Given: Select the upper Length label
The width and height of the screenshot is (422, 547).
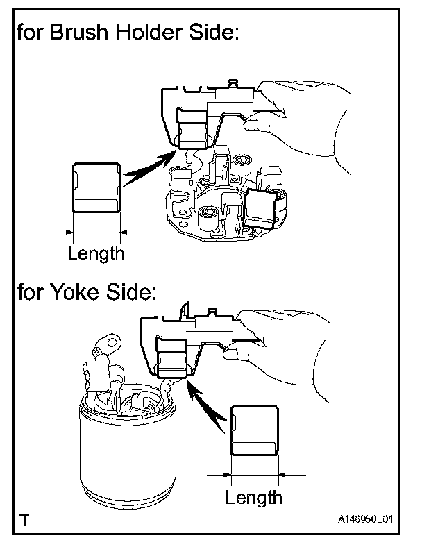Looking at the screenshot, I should tap(96, 253).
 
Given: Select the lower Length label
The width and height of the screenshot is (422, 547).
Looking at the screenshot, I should tap(254, 497).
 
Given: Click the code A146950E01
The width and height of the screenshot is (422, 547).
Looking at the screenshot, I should tap(370, 519).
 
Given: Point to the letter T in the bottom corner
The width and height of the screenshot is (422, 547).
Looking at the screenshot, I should tap(25, 518).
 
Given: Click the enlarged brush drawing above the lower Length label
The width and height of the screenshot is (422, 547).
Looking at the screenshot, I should tap(254, 430).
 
